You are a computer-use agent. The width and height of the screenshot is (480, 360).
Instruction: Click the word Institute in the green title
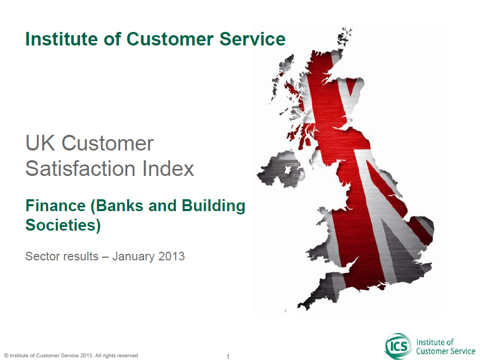[62, 39]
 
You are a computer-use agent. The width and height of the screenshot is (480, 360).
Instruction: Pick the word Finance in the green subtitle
[56, 205]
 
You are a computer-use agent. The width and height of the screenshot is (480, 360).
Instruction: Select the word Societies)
[63, 225]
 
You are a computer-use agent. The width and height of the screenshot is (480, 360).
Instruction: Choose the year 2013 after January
[172, 256]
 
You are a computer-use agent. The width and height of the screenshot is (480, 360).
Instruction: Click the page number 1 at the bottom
[228, 356]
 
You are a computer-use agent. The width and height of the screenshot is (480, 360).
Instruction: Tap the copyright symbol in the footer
[6, 356]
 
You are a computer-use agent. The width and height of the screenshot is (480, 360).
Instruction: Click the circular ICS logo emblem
[398, 346]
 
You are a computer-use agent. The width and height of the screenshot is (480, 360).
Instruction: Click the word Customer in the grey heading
[108, 143]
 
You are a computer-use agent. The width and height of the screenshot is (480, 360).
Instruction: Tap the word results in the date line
[80, 256]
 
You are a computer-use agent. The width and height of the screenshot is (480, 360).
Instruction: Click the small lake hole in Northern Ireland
[288, 169]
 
